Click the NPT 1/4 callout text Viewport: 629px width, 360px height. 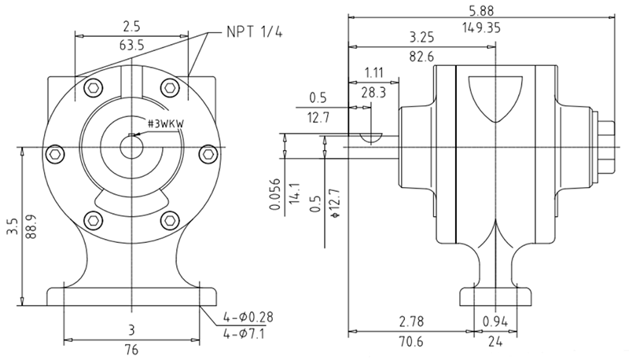point(253,32)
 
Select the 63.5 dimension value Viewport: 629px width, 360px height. point(132,46)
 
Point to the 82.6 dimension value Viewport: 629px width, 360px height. point(423,56)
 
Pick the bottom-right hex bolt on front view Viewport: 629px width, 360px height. point(169,220)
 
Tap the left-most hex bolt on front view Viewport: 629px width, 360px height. point(56,153)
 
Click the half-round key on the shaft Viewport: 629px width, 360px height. point(370,138)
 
